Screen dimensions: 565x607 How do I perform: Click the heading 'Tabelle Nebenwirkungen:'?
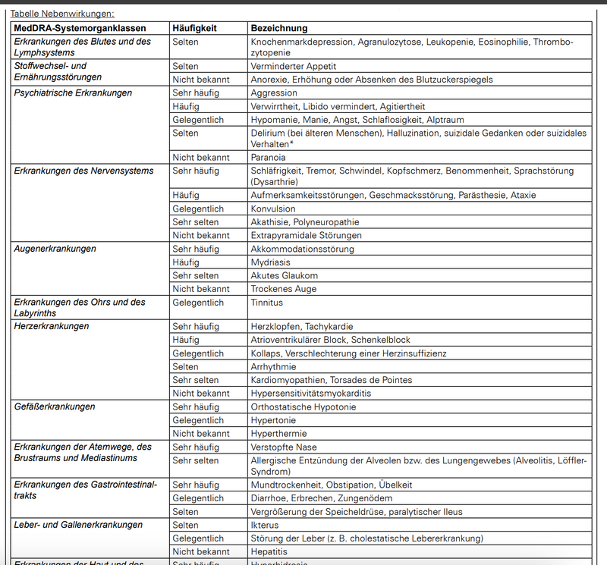tap(62, 14)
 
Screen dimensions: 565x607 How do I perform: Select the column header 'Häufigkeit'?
tap(195, 28)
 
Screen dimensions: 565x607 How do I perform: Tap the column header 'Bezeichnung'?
tap(279, 28)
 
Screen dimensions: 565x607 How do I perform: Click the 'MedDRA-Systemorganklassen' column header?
tap(80, 28)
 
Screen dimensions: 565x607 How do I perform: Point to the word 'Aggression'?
tap(274, 93)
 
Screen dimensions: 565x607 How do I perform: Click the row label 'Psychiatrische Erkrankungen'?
tap(73, 93)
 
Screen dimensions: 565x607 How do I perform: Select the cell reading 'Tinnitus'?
tap(267, 303)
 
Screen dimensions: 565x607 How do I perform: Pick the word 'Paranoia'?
tap(270, 157)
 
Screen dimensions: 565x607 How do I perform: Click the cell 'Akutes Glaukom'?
tap(285, 275)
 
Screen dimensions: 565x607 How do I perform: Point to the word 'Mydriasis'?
tap(271, 262)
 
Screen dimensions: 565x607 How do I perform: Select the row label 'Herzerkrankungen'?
tap(52, 327)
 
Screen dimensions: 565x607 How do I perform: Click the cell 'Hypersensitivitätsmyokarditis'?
tap(311, 394)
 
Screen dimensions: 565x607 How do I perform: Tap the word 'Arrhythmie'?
tap(274, 367)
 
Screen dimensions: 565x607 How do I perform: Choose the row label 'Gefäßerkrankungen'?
tap(55, 407)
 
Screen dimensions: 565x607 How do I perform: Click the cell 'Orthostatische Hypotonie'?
tap(303, 407)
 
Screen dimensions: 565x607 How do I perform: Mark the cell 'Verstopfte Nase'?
tap(284, 447)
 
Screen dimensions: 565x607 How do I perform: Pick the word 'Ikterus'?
tap(266, 525)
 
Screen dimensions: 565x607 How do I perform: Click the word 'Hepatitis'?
tap(269, 551)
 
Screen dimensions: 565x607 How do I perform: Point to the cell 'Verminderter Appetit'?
tap(294, 67)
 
